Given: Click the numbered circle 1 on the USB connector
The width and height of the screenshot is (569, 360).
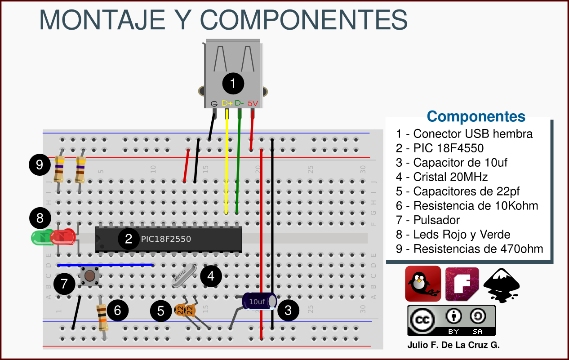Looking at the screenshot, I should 233,83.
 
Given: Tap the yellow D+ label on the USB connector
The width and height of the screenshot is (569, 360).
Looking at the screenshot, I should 227,103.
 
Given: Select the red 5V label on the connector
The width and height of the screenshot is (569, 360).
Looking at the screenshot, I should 253,103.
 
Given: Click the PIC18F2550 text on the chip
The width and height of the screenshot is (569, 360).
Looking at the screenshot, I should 166,239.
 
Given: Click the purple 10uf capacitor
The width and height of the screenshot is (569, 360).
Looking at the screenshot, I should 258,301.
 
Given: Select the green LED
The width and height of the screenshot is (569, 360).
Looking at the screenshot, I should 40,237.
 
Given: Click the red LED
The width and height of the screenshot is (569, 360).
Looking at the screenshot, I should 63,237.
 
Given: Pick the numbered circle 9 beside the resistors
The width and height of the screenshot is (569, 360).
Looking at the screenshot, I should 40,164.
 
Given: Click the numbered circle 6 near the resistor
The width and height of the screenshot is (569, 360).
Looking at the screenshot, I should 117,310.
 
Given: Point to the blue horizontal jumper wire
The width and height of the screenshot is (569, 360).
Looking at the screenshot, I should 106,265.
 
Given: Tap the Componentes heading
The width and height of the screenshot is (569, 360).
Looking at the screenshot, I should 476,116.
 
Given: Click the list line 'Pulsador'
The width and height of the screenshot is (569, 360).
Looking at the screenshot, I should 428,220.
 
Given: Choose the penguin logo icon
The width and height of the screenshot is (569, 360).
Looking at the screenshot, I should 422,284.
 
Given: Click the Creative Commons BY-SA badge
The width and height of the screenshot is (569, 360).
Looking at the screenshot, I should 451,320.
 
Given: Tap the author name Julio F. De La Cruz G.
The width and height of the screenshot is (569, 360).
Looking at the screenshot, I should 453,345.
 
